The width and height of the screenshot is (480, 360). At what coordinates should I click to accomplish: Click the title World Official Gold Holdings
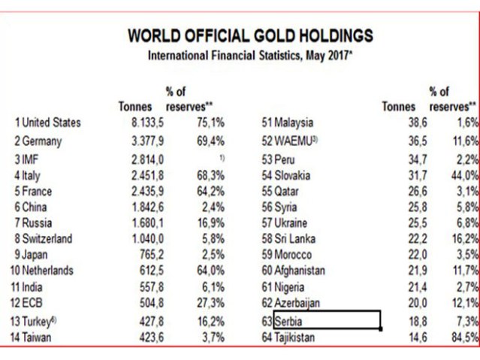pyautogui.click(x=250, y=35)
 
